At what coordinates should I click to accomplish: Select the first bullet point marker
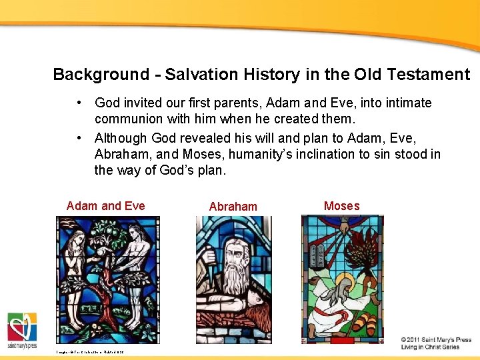click(x=79, y=103)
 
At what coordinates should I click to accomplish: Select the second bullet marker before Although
click(x=79, y=138)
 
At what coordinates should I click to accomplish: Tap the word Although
click(x=121, y=138)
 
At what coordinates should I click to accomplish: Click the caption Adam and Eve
click(x=105, y=206)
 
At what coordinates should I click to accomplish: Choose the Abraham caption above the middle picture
click(x=233, y=207)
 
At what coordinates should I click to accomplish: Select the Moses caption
click(x=341, y=206)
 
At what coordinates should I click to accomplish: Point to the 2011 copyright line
click(x=436, y=339)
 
